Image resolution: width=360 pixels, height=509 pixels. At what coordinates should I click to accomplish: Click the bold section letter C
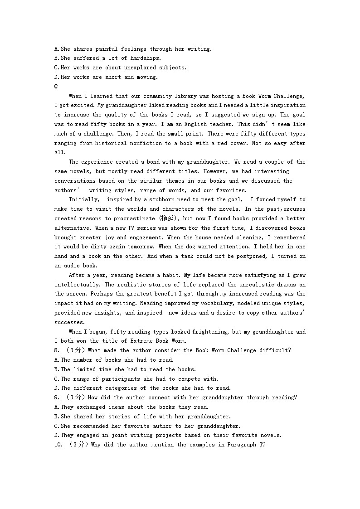coord(56,86)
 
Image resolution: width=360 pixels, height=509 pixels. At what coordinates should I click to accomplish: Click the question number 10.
coord(58,445)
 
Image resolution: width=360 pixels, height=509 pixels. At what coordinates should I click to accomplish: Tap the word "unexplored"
coord(148,68)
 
